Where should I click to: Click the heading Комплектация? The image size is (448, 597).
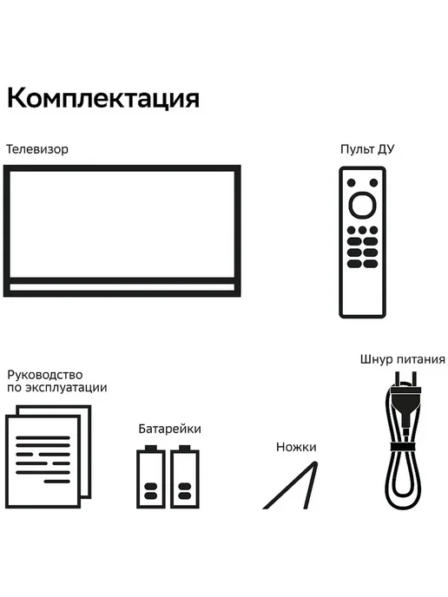pos(103,99)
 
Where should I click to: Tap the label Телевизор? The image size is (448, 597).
pos(37,149)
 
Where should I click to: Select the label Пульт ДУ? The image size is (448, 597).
pos(367,149)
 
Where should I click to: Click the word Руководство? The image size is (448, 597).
pos(45,375)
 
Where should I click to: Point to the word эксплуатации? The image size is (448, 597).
pos(66,388)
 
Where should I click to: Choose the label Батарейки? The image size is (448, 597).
pos(169,429)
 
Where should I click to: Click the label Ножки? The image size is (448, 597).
pos(296,447)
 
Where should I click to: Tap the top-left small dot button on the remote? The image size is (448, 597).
pos(352,183)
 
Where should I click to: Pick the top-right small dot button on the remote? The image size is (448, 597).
pos(373,183)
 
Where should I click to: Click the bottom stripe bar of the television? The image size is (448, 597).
pos(122,287)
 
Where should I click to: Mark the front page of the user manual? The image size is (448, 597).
pos(43,462)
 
